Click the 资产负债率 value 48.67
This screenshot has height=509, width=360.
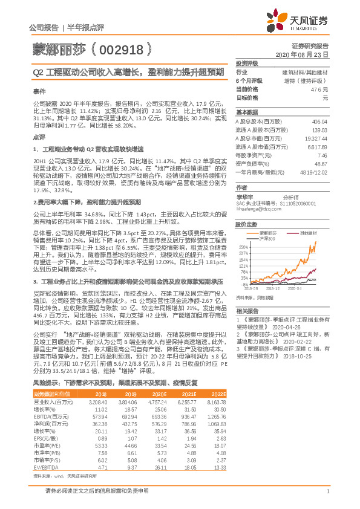coord(319,164)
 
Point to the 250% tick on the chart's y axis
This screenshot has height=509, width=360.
coord(244,247)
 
